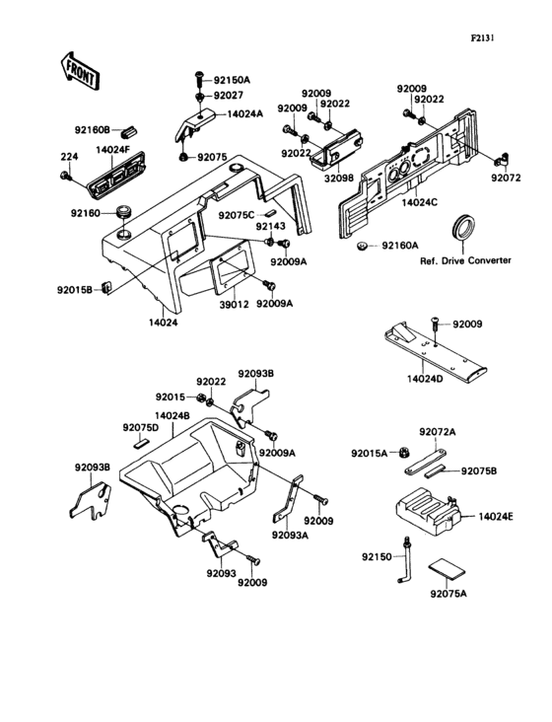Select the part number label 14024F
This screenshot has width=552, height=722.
click(x=113, y=150)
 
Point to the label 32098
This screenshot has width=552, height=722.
click(x=334, y=179)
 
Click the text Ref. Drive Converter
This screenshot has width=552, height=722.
click(x=465, y=260)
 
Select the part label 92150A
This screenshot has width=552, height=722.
click(x=233, y=80)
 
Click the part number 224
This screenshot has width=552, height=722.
click(x=68, y=156)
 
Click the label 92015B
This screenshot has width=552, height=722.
click(x=74, y=290)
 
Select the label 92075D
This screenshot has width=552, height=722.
click(x=141, y=427)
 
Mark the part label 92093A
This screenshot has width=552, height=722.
click(x=291, y=535)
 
